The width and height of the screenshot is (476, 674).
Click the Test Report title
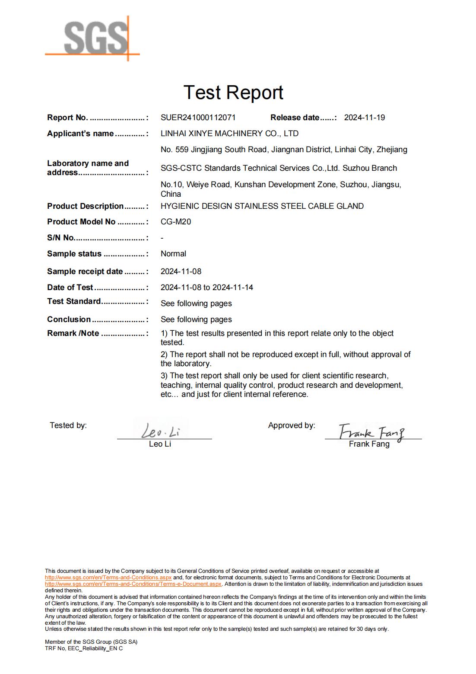pyautogui.click(x=233, y=93)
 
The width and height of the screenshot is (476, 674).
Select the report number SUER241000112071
pyautogui.click(x=198, y=118)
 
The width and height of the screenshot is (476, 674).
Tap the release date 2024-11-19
pyautogui.click(x=364, y=118)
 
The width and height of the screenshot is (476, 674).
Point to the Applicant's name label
pyautogui.click(x=80, y=134)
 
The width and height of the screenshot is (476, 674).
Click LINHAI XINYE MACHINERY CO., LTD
pyautogui.click(x=229, y=134)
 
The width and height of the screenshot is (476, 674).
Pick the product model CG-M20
pyautogui.click(x=176, y=222)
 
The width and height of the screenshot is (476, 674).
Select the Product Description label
pyautogui.click(x=86, y=206)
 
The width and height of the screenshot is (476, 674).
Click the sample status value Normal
pyautogui.click(x=173, y=254)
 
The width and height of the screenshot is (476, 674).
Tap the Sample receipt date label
pyautogui.click(x=85, y=272)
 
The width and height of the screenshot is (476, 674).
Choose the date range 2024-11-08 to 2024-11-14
pyautogui.click(x=207, y=287)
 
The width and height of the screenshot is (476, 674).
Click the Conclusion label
pyautogui.click(x=69, y=319)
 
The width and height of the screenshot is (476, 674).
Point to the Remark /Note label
pyautogui.click(x=73, y=333)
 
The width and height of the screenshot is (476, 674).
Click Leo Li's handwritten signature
pyautogui.click(x=160, y=431)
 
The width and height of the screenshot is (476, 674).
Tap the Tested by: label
pyautogui.click(x=68, y=425)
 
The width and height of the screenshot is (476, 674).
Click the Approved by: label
pyautogui.click(x=292, y=425)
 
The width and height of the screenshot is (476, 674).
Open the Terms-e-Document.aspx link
pyautogui.click(x=133, y=584)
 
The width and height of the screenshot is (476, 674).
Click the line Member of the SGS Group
pyautogui.click(x=91, y=642)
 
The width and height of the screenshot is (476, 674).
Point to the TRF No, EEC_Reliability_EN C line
pyautogui.click(x=84, y=648)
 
